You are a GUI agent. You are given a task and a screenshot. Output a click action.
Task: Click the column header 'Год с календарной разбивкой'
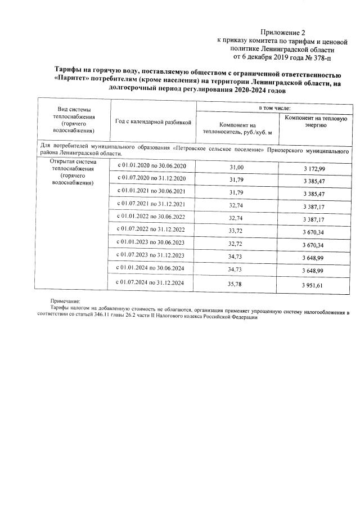tap(153, 122)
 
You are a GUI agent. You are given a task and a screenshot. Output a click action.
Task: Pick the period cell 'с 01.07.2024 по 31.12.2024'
tap(154, 282)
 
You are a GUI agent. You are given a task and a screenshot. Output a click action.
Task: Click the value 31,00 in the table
tap(237, 168)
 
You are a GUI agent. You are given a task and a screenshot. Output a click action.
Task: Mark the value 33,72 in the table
tap(237, 231)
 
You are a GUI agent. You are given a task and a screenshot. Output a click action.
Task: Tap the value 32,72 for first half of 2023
tap(237, 244)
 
